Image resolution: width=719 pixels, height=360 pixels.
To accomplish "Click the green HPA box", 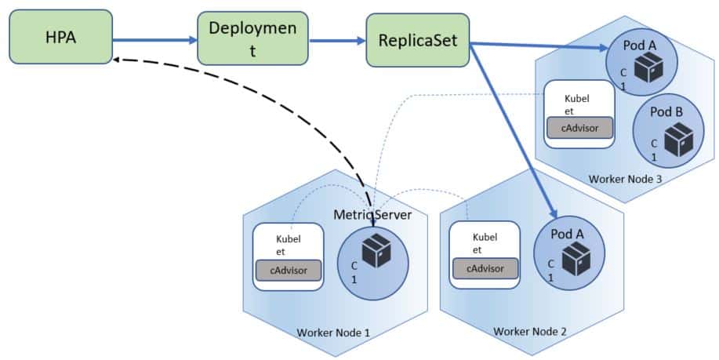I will [55, 38].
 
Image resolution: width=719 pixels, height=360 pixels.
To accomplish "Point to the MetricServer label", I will [372, 214].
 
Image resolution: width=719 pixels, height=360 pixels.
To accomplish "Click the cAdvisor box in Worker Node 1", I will [289, 271].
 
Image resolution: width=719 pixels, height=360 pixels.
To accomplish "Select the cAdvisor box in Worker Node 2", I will [485, 268].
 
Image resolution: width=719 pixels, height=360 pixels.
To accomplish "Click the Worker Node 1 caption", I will [333, 333].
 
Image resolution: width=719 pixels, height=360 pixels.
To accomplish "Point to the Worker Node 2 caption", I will [530, 331].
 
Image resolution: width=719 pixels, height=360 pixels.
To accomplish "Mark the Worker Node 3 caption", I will [625, 178].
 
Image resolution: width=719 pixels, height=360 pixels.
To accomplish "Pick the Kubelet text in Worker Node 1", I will [289, 245].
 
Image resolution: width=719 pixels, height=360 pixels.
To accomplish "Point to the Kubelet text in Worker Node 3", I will [579, 105].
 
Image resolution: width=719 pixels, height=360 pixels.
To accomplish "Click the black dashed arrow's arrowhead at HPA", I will [115, 61].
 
